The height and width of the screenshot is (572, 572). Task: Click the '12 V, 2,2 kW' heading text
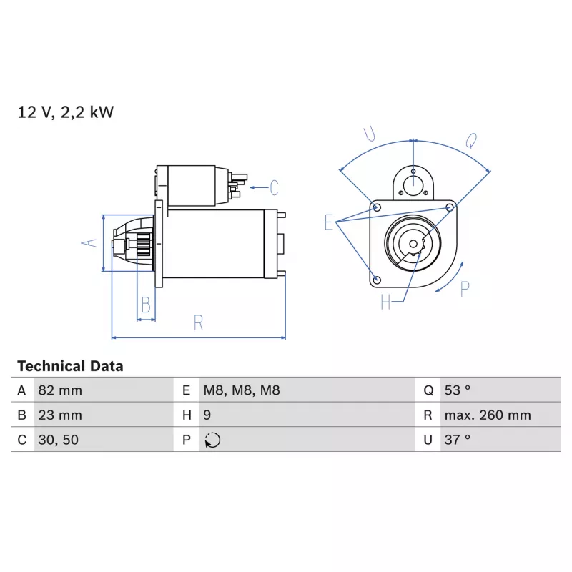click(66, 112)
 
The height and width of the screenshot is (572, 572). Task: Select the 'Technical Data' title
click(70, 366)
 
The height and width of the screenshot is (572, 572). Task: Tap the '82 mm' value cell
click(60, 390)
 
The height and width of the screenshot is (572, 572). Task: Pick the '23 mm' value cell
click(60, 415)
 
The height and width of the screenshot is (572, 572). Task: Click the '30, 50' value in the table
click(59, 440)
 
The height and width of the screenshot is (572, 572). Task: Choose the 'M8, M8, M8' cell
click(242, 390)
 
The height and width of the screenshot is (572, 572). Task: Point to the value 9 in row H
click(207, 415)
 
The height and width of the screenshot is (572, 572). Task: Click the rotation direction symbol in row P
click(212, 440)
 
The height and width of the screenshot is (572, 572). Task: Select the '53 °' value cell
click(457, 390)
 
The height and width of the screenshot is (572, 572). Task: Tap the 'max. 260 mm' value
click(487, 415)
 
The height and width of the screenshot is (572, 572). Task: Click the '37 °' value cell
click(457, 440)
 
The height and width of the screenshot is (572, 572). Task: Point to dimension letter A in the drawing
click(89, 243)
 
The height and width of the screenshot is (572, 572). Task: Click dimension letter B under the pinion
click(146, 305)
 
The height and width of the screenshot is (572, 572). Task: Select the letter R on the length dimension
click(198, 323)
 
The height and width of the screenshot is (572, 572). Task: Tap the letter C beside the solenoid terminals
click(274, 189)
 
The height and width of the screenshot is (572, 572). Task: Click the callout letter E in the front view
click(329, 223)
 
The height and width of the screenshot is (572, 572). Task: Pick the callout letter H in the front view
click(386, 303)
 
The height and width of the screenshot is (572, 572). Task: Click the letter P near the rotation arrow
click(465, 289)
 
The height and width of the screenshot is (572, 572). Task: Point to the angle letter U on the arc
click(370, 134)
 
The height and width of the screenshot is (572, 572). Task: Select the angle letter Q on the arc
click(471, 141)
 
